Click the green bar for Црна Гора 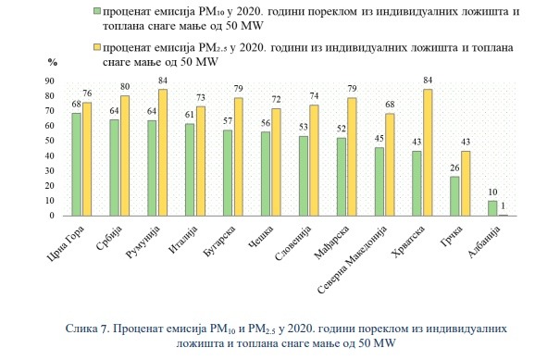[77, 165]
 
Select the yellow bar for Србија [125, 155]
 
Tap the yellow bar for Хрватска [428, 153]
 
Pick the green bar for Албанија [492, 208]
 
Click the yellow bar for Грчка [466, 183]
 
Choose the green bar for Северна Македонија [380, 181]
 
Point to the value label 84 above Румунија [163, 81]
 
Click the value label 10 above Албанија [492, 192]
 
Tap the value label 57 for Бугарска [228, 121]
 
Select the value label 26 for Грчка [454, 168]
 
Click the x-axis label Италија [183, 240]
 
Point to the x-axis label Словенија [293, 243]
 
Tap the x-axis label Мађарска [331, 242]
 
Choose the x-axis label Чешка [261, 237]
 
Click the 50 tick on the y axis [50, 141]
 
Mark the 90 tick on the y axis [50, 81]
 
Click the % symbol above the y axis [53, 63]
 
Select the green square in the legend [96, 11]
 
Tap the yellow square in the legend [96, 47]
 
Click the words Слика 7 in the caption [87, 329]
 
